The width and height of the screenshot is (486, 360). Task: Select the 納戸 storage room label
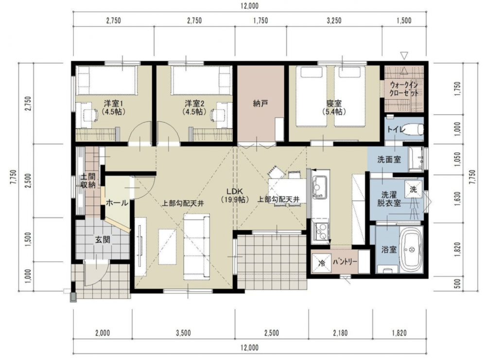[260, 104]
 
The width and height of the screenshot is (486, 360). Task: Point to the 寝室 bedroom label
[333, 103]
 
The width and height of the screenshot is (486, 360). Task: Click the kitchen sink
[319, 186]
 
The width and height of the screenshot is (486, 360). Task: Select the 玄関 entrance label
[102, 239]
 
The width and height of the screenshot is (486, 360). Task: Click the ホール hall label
[117, 203]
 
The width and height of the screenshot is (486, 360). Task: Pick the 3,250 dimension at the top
[334, 21]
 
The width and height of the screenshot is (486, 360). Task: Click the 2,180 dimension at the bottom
[340, 333]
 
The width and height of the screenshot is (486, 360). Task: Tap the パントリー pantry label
[345, 262]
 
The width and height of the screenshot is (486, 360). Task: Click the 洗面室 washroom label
[389, 160]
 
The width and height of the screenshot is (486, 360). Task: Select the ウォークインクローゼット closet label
[404, 89]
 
